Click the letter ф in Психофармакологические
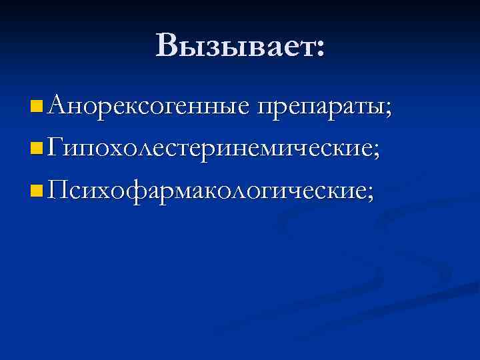coord(139,194)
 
